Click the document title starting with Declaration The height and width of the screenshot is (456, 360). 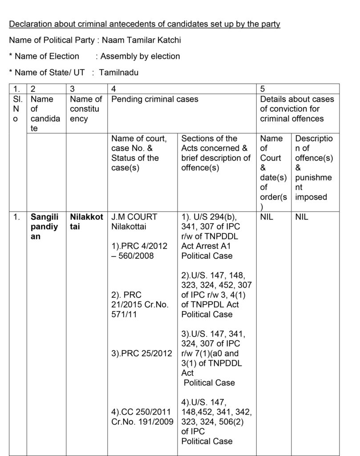(145, 24)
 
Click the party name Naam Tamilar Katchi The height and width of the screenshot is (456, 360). (142, 40)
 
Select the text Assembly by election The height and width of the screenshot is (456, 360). (140, 56)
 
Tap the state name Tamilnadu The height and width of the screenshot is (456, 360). (119, 72)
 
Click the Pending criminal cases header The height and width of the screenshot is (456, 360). (155, 99)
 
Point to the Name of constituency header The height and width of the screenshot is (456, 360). (86, 109)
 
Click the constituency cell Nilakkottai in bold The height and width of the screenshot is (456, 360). (86, 222)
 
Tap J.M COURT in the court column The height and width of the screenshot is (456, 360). (134, 217)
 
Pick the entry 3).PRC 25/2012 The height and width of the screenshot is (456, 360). (142, 354)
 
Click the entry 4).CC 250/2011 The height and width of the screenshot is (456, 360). (142, 412)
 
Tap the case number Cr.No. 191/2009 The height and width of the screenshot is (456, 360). (142, 422)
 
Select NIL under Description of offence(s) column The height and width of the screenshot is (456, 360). (302, 217)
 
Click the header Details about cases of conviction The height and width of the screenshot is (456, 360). (297, 109)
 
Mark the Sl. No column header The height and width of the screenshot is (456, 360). (17, 109)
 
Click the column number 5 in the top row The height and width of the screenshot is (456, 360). (263, 89)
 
